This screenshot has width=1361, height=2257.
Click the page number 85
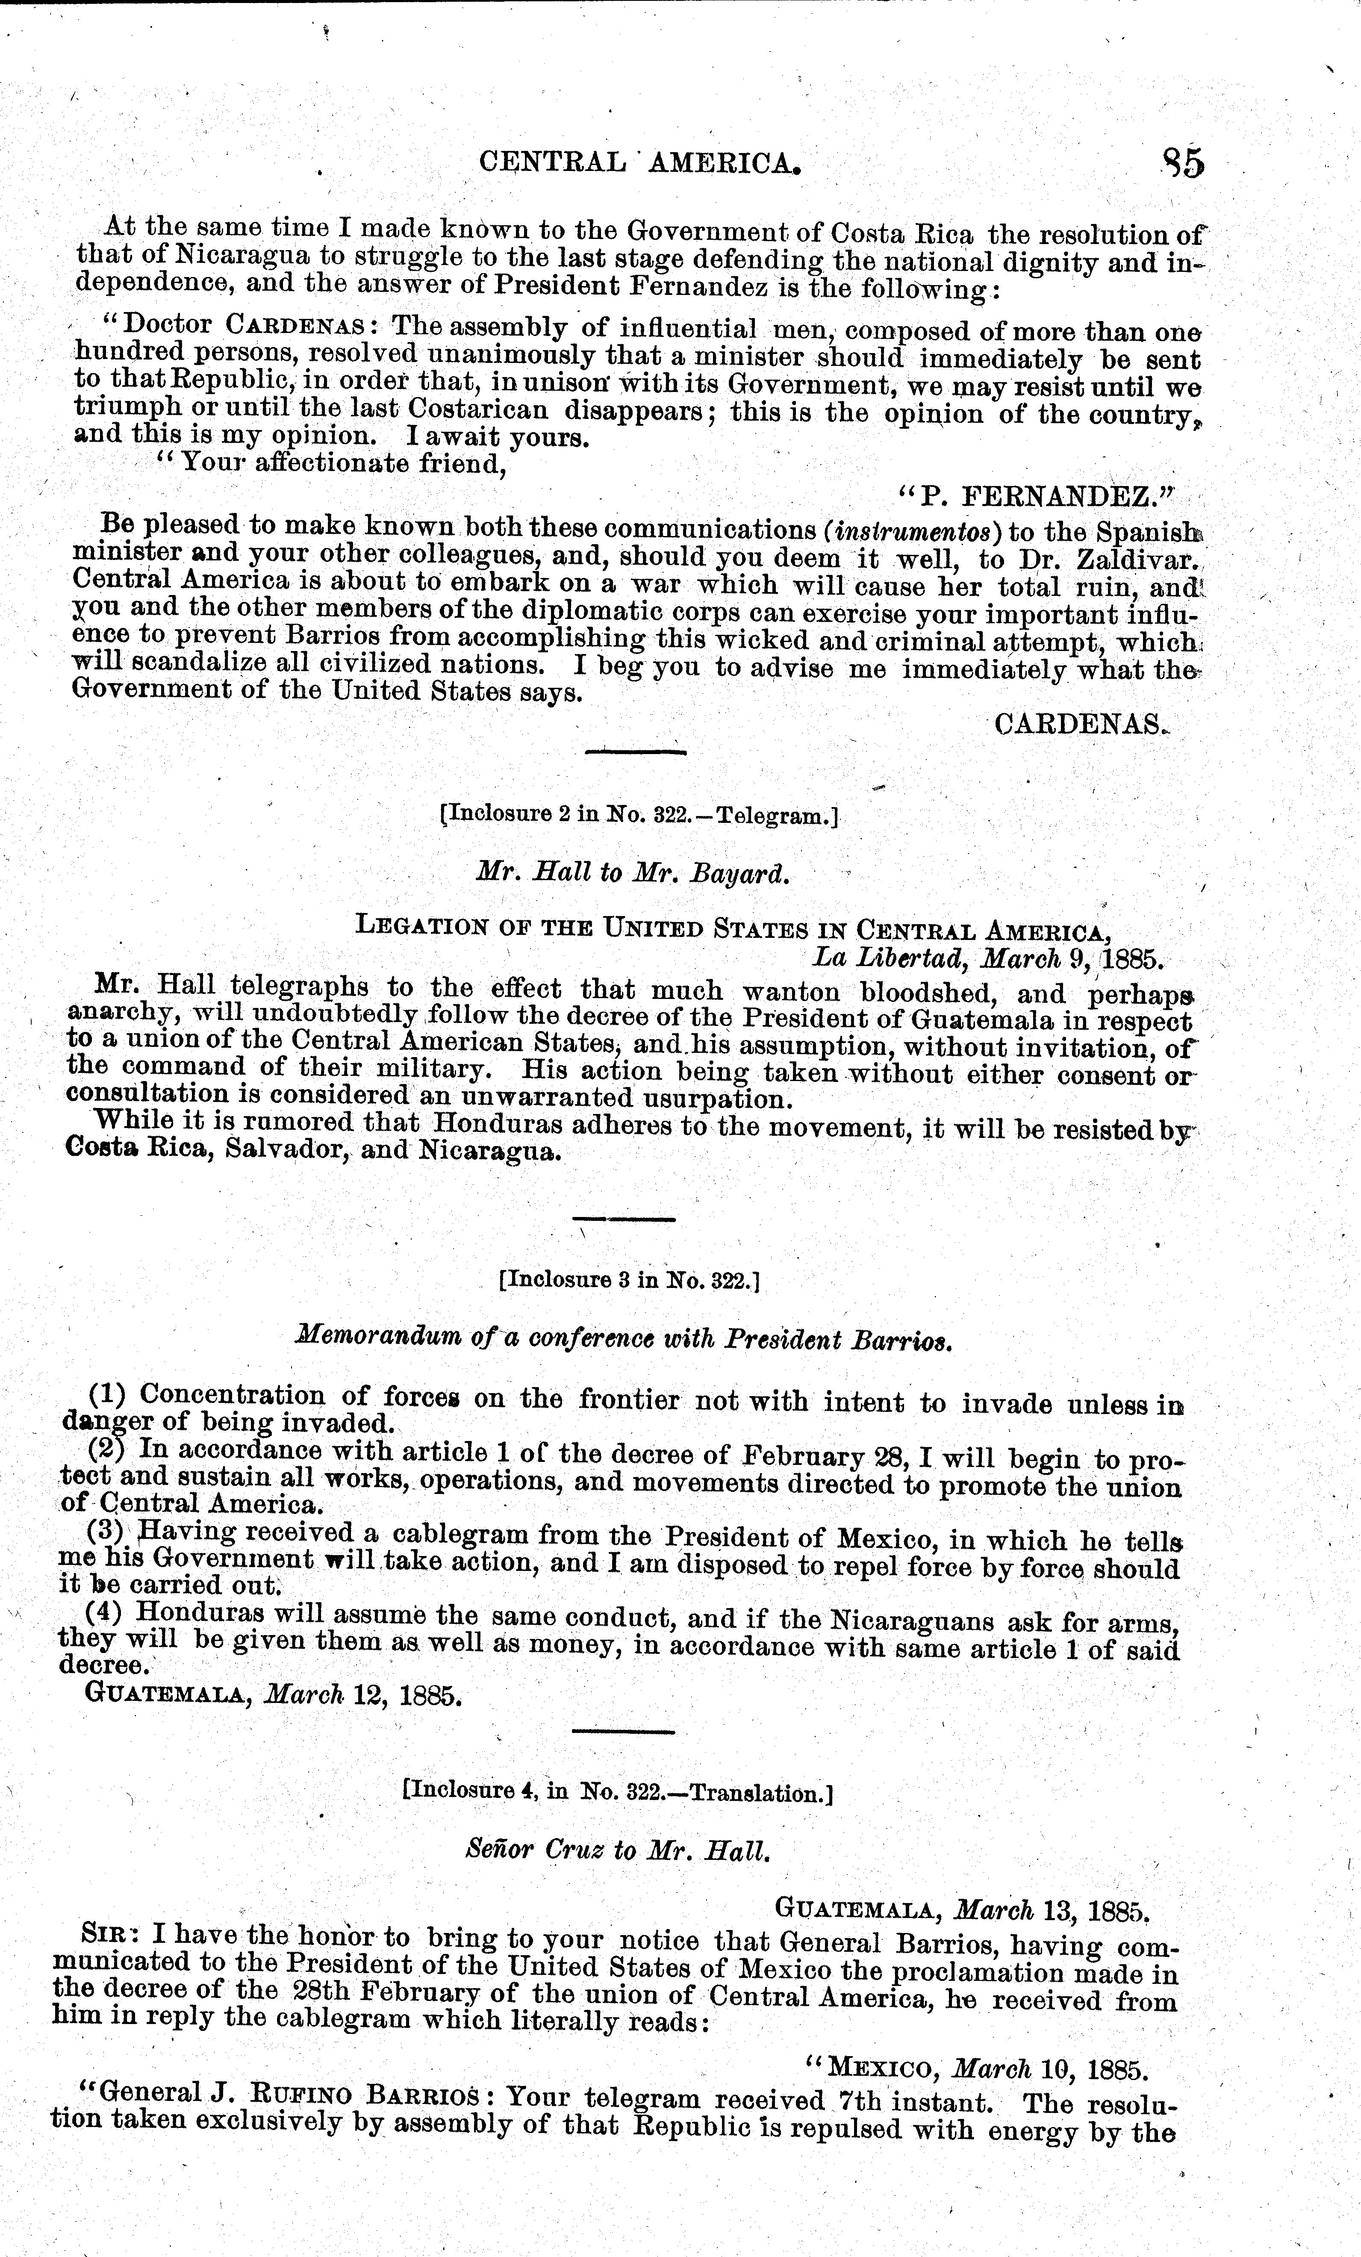[x=1182, y=163]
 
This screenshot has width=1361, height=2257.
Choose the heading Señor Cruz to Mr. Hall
[x=616, y=1850]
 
